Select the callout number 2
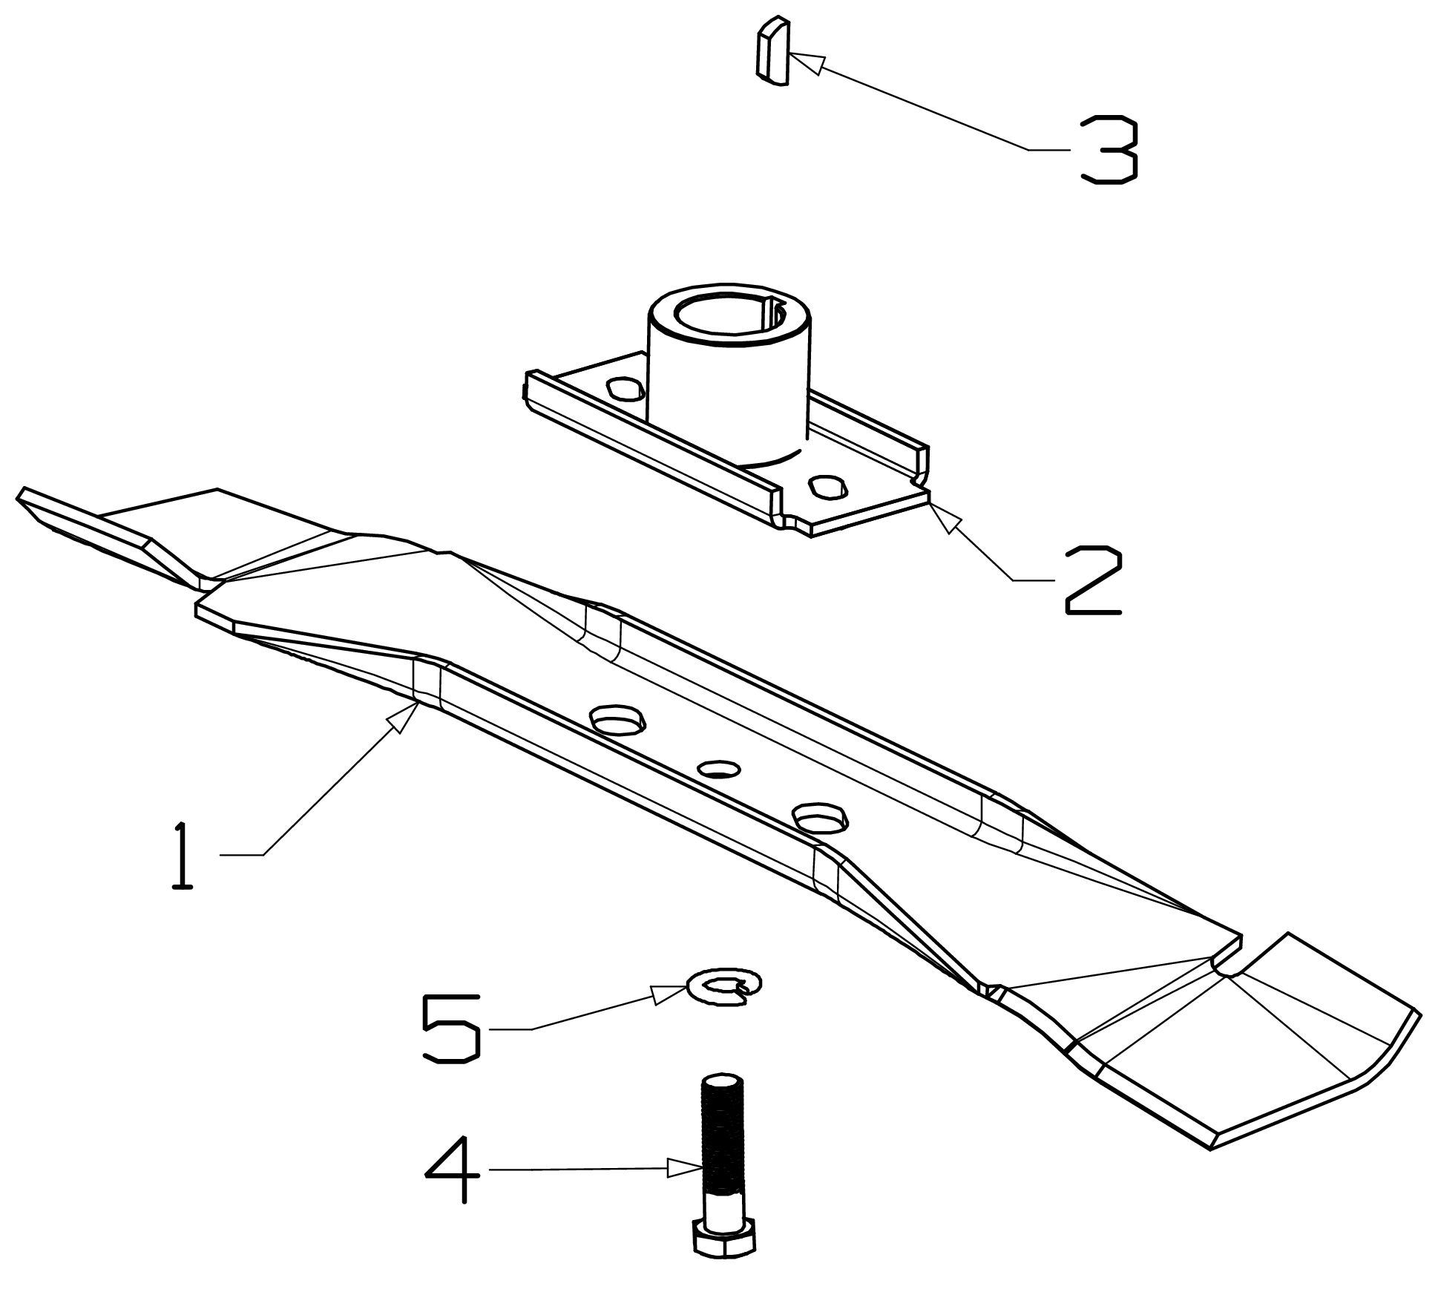coord(1093,580)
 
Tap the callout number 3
coord(1109,149)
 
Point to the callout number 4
coord(451,1170)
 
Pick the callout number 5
coord(450,1028)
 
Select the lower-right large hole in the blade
coord(819,818)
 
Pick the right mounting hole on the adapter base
coord(829,486)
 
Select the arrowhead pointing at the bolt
coord(683,1169)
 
